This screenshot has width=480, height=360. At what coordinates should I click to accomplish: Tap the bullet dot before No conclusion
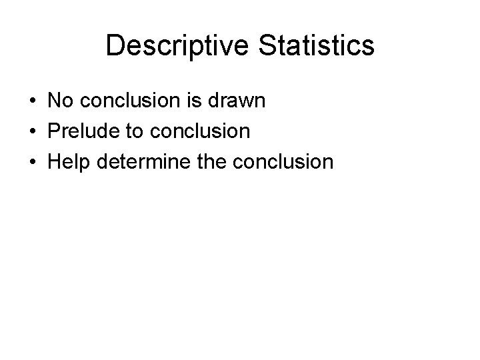[32, 102]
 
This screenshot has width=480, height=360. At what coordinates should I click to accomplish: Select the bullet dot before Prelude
[32, 131]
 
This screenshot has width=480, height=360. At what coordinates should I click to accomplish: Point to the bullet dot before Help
[32, 161]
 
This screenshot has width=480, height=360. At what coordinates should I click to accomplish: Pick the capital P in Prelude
[53, 131]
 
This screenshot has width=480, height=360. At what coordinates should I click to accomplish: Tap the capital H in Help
[53, 161]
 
